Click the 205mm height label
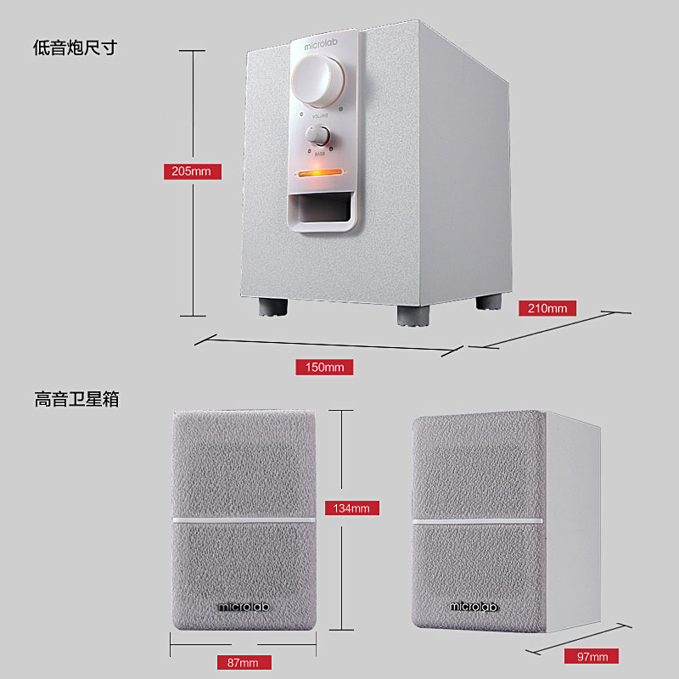192,171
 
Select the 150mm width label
324,368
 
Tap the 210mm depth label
547,308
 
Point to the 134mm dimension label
351,508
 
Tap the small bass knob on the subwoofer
319,135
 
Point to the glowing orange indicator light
319,175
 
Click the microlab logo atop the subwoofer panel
322,48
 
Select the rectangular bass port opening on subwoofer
321,208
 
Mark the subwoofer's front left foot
272,305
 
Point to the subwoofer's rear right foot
488,302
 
